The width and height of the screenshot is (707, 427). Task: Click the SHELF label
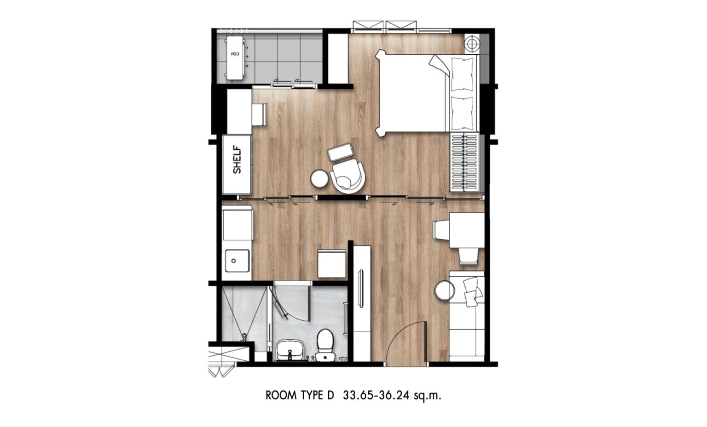237,160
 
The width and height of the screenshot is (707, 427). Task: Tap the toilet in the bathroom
325,343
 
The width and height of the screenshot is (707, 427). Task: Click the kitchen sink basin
237,261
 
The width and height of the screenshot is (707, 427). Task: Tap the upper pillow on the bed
462,73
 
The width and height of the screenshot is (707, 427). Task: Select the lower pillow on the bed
462,113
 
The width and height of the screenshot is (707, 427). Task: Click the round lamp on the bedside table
471,44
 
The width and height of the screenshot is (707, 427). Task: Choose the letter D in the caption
330,395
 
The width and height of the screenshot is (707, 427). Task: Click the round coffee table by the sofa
445,290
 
